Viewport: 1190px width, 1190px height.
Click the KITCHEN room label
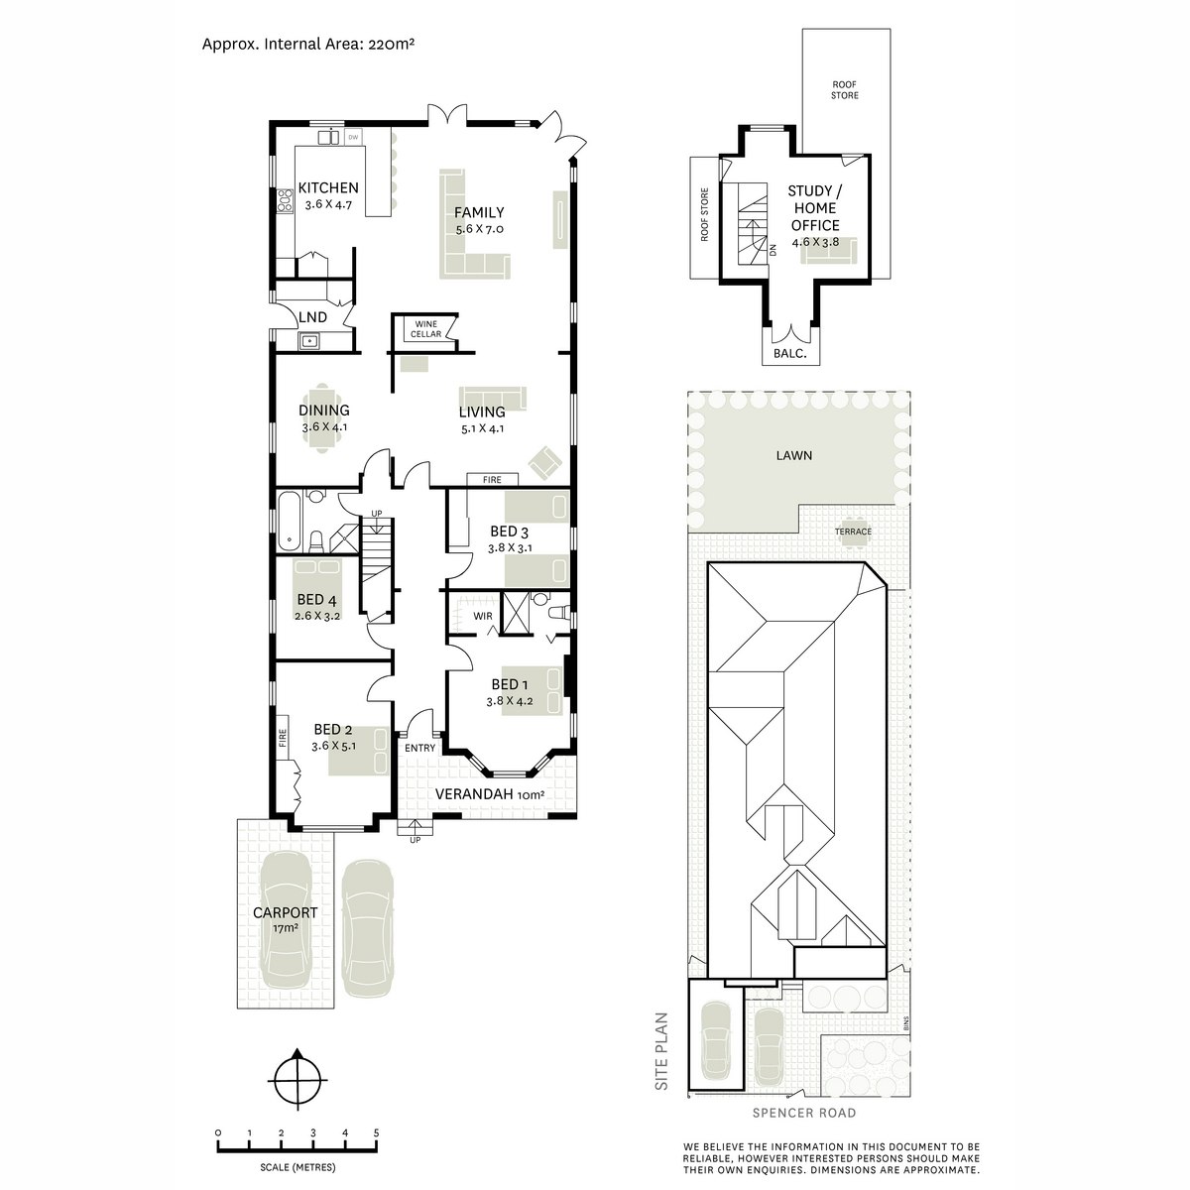328,187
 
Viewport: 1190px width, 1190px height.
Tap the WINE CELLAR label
426,329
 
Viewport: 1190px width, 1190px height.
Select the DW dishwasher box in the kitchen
353,137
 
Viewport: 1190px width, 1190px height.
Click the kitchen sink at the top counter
328,137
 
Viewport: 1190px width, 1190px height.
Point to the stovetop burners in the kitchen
285,200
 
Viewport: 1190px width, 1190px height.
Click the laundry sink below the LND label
307,340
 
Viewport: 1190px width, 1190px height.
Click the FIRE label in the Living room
492,479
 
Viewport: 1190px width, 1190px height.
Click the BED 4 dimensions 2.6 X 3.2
317,615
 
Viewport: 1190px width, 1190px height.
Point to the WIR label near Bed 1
483,616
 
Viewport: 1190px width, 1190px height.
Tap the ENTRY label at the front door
419,748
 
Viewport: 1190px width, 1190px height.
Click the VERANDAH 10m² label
490,794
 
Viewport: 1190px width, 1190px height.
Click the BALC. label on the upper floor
790,354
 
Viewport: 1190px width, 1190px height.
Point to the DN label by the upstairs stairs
772,250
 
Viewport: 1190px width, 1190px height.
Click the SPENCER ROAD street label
804,1113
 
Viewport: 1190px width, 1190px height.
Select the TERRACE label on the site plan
853,532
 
